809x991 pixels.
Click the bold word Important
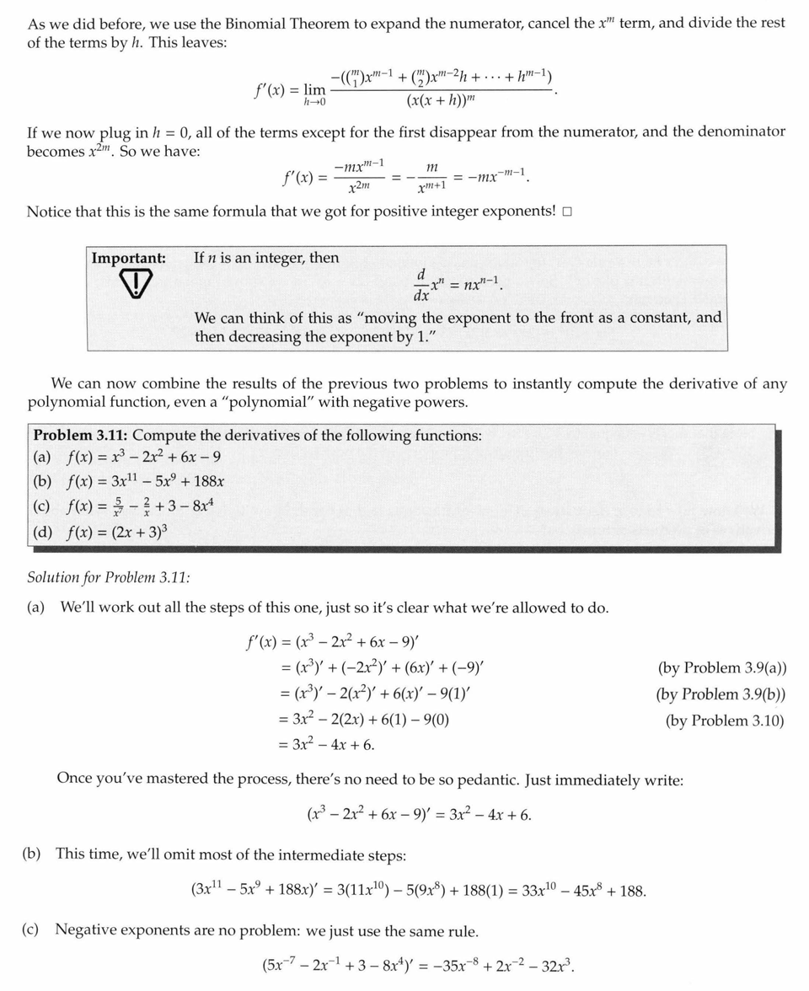tap(128, 258)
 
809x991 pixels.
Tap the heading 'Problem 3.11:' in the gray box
tap(80, 436)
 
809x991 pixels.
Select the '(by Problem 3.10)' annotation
tap(724, 720)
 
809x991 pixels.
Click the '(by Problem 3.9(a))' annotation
tap(721, 668)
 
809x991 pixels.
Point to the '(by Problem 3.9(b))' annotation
tap(721, 694)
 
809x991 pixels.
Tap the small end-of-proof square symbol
tap(567, 212)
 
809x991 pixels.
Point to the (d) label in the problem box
tap(42, 533)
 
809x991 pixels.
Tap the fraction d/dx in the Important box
tap(421, 286)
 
